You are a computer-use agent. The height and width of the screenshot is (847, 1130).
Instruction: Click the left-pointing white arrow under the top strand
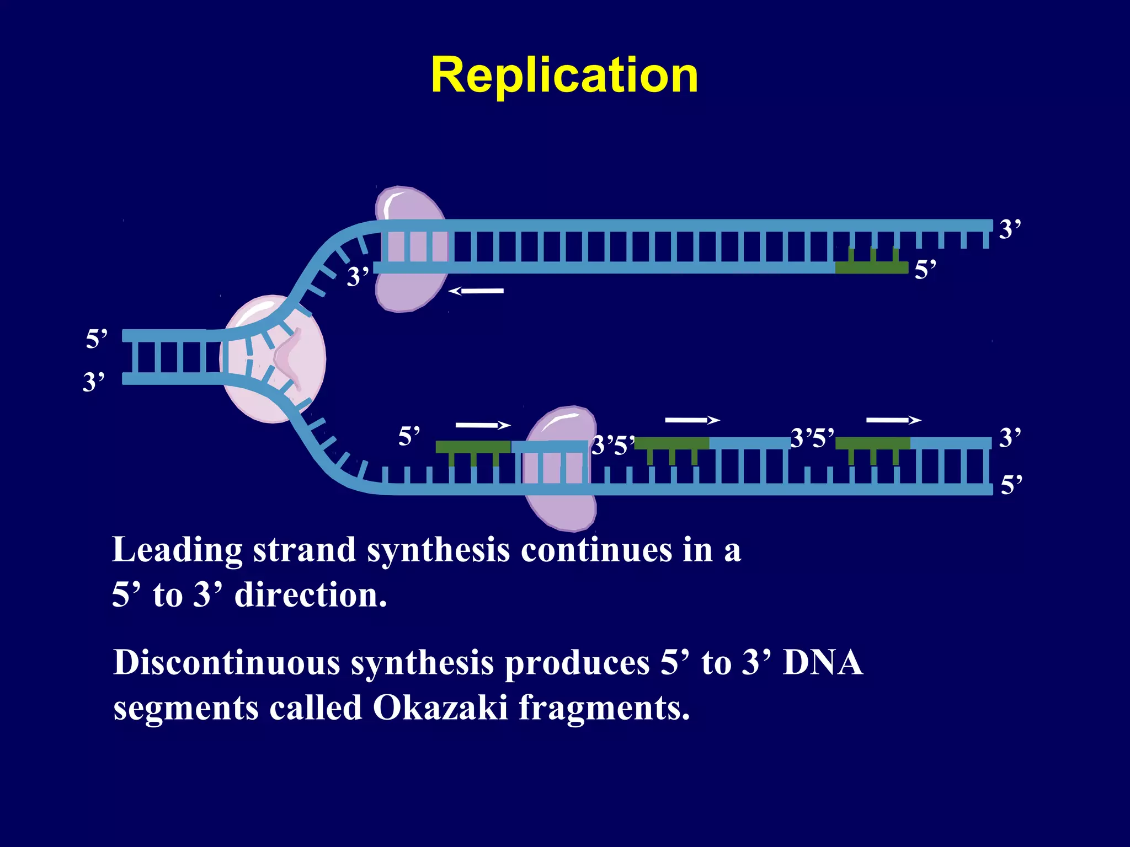click(x=476, y=291)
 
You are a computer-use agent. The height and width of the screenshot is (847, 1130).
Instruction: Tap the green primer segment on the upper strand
click(x=871, y=267)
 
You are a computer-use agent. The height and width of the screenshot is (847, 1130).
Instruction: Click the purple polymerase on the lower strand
click(x=560, y=469)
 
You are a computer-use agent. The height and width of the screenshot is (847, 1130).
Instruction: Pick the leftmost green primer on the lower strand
click(x=473, y=447)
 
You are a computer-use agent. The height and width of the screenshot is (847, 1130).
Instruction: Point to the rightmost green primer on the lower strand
click(x=872, y=443)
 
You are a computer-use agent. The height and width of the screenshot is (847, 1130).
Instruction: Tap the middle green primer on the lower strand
click(x=671, y=443)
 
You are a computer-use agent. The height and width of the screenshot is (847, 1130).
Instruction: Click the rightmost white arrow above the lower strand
click(x=893, y=420)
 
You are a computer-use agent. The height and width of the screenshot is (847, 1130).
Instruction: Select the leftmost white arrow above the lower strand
click(x=483, y=425)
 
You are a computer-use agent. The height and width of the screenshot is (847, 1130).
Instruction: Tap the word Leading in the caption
click(x=177, y=550)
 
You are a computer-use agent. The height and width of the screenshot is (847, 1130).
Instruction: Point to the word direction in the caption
click(x=310, y=596)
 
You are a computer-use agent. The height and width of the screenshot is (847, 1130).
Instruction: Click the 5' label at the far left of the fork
click(x=97, y=339)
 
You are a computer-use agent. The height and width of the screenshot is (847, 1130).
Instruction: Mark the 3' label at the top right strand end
click(x=1010, y=229)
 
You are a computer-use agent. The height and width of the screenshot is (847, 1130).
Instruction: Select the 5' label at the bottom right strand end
click(x=1011, y=485)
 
